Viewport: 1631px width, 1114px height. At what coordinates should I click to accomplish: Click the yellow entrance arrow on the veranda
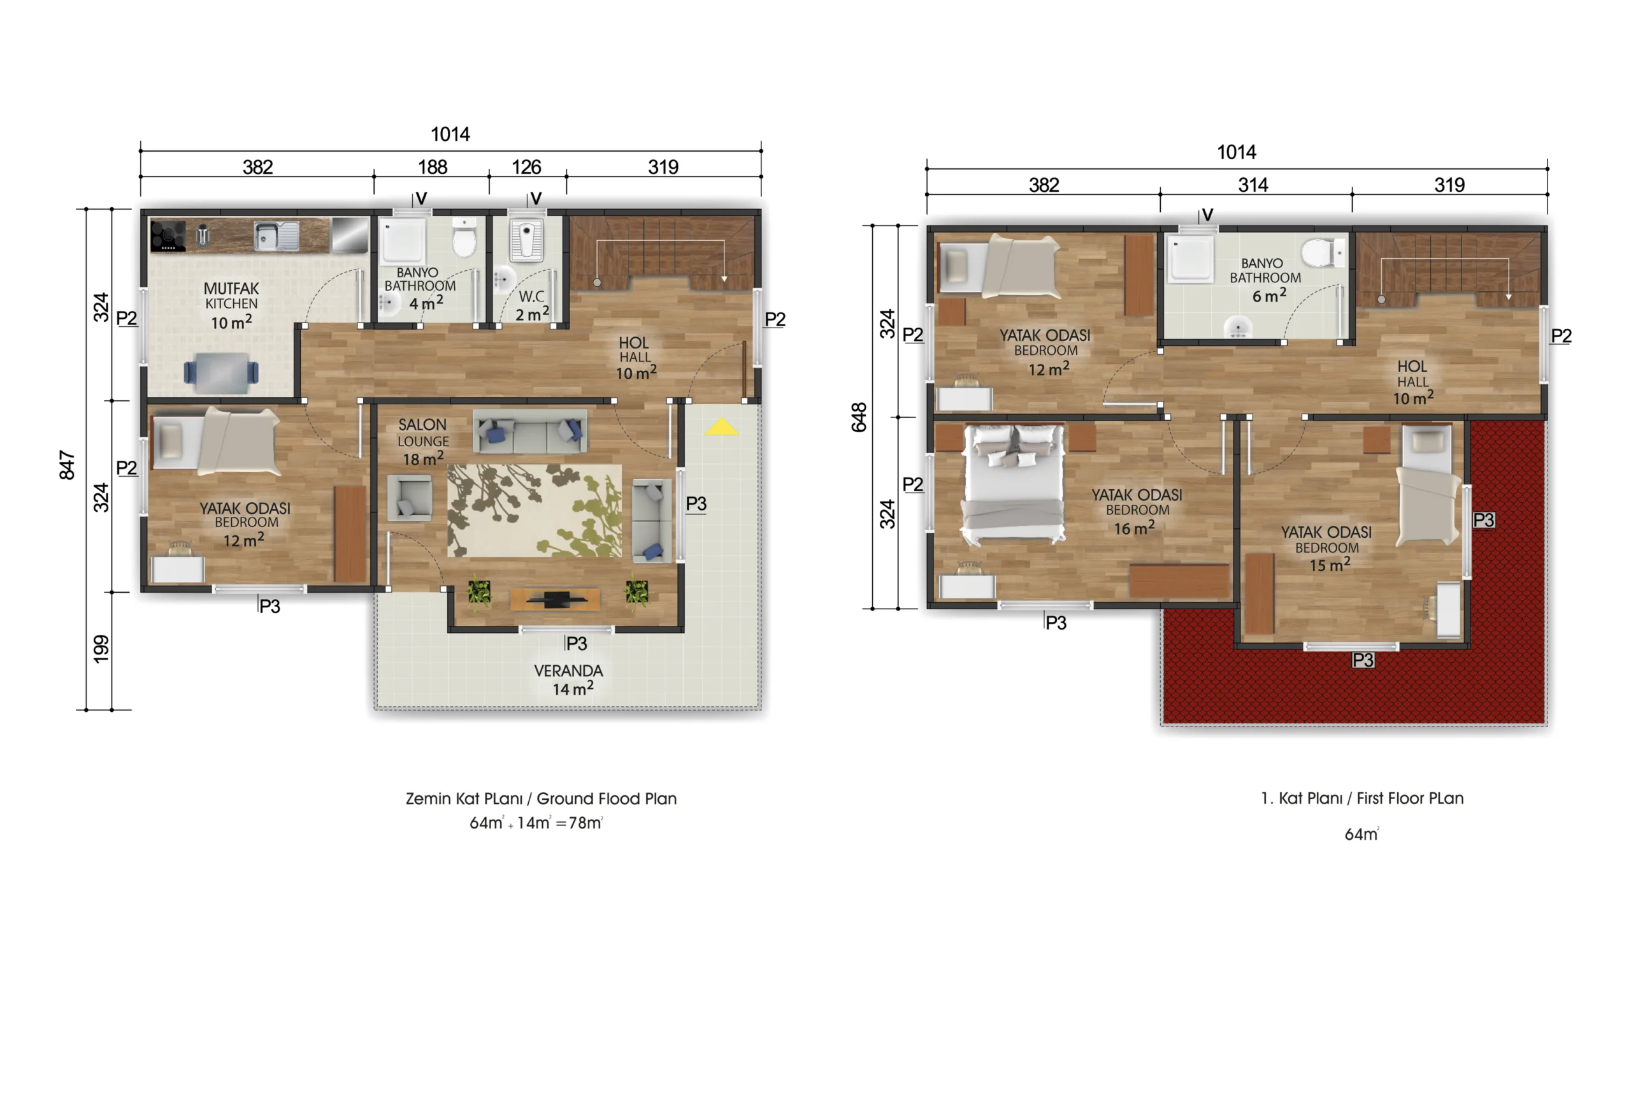coord(721,427)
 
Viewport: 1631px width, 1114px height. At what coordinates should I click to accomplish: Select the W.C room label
coord(531,296)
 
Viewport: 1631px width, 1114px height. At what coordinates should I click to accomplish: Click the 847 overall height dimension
coord(67,465)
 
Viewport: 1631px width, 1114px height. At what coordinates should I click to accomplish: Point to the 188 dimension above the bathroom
coord(433,167)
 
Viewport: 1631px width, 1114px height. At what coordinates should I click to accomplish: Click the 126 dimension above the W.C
coord(526,167)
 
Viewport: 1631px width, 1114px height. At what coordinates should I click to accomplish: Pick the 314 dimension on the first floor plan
coord(1253,185)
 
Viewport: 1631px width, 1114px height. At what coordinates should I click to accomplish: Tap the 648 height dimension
coord(859,417)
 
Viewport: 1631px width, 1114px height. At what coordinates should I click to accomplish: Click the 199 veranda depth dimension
coord(102,649)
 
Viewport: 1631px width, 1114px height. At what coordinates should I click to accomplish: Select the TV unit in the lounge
coord(555,600)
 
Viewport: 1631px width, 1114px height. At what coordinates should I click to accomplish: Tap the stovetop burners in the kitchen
coord(168,236)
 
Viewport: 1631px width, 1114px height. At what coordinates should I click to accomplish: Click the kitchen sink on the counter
coord(276,236)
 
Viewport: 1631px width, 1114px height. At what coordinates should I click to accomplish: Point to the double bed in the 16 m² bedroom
coord(1014,484)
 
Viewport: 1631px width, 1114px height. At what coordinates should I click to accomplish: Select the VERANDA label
coord(568,670)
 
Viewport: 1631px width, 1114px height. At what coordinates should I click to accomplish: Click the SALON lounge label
coord(422,424)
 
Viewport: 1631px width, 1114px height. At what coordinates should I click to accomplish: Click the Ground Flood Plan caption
coord(607,799)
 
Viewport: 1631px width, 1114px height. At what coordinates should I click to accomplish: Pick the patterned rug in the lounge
coord(535,511)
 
